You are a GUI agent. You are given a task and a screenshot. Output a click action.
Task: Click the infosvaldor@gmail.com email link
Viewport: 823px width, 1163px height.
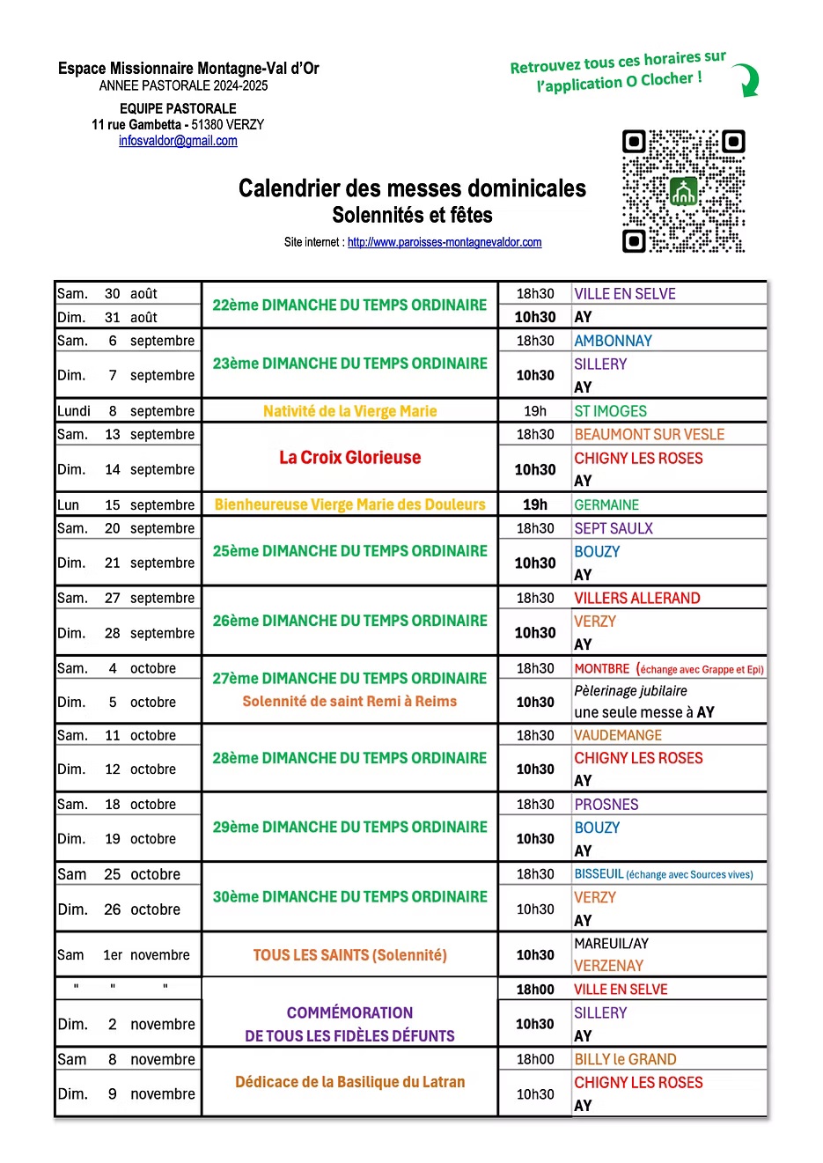coord(178,141)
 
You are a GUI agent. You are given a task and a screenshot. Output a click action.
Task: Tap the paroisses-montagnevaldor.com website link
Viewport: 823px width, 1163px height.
coord(444,242)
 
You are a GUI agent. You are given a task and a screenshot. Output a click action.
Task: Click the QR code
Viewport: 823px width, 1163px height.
coord(683,191)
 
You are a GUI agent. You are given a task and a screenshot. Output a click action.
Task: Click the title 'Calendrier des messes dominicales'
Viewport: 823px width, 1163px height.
coord(412,188)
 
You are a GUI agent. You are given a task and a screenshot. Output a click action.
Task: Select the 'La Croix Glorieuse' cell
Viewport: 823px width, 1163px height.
coord(349,458)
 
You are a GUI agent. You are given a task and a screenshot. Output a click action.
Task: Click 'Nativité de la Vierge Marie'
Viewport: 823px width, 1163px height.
coord(349,411)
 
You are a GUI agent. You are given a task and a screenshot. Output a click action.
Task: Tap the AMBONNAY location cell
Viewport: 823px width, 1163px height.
coord(614,341)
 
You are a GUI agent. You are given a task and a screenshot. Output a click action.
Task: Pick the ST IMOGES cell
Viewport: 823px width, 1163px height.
coord(610,411)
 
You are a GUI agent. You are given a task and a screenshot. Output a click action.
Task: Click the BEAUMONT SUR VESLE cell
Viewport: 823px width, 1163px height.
coord(649,434)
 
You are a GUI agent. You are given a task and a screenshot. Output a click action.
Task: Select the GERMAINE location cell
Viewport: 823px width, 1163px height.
coord(606,504)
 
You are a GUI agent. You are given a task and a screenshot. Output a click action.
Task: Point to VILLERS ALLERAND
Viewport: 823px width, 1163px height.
coord(636,598)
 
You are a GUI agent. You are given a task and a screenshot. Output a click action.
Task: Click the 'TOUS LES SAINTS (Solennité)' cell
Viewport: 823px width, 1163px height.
coord(349,955)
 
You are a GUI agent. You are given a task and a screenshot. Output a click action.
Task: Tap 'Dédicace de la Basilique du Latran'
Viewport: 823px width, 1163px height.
coord(349,1082)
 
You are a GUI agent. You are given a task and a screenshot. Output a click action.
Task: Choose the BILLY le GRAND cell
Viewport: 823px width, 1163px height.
coord(625,1059)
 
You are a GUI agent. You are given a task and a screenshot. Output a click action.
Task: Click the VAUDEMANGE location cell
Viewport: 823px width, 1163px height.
coord(618,735)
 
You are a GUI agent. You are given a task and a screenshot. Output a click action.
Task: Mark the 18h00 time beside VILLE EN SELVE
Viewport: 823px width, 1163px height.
coord(535,990)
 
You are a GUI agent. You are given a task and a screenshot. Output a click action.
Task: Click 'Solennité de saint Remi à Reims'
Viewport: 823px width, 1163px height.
coord(349,702)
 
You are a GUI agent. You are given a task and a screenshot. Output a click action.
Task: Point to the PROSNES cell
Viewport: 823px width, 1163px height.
coord(606,805)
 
